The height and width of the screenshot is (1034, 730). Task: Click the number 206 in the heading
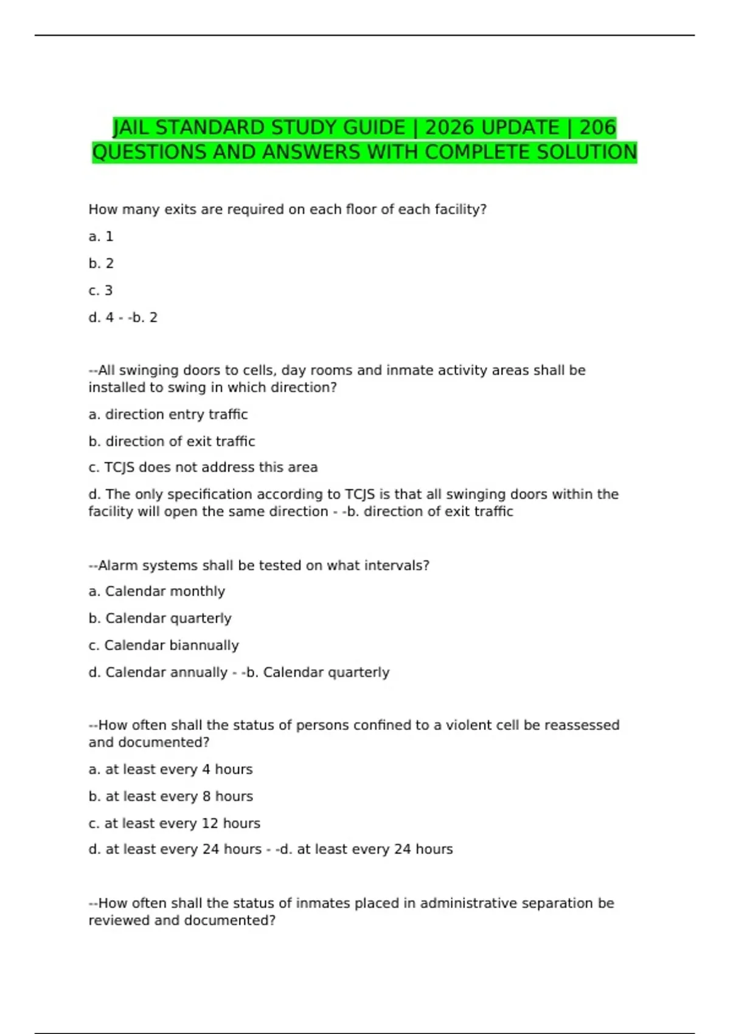click(597, 128)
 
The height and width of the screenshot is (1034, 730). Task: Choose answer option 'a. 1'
click(101, 237)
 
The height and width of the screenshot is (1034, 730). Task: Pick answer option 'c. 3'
click(101, 291)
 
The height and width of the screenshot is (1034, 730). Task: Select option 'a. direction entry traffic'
click(168, 415)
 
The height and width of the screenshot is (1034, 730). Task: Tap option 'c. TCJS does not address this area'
click(203, 468)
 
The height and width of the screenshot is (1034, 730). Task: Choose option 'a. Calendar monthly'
click(156, 592)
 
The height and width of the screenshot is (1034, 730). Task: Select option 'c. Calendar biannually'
click(164, 645)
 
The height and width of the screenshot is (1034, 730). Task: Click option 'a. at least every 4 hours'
click(170, 769)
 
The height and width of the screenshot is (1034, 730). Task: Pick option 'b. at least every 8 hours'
click(170, 796)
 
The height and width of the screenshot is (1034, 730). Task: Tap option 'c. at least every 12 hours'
click(174, 824)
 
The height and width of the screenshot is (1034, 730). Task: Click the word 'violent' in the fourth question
click(468, 725)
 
